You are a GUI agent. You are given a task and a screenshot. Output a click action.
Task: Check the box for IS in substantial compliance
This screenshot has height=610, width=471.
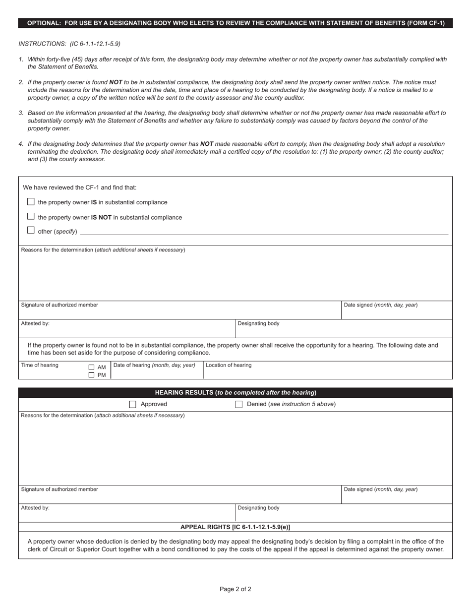click(31, 202)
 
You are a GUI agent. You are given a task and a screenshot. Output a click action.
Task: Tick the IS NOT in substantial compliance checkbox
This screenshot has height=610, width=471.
click(31, 217)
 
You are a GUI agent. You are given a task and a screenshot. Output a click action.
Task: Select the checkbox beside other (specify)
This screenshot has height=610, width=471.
click(31, 231)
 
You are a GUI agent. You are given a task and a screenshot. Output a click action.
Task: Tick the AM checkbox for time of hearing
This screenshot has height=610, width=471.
click(91, 367)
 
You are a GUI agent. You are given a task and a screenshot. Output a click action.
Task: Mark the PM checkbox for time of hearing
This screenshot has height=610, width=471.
click(91, 375)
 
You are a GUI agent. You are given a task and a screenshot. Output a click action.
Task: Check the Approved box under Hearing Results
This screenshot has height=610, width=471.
click(132, 404)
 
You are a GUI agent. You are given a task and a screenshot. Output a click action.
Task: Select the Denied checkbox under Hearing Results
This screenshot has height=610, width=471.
click(238, 404)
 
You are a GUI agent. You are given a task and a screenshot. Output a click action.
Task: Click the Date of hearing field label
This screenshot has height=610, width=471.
click(154, 366)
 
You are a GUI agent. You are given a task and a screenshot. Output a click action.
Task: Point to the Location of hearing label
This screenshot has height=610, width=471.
click(229, 366)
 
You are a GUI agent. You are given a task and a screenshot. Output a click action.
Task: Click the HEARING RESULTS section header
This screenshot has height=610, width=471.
click(235, 393)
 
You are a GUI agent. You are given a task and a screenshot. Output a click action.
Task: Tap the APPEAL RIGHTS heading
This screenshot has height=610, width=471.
click(235, 527)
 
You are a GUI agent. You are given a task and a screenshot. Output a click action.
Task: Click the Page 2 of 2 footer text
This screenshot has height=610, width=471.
click(235, 589)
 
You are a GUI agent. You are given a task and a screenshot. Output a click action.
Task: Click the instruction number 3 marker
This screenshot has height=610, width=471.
click(21, 113)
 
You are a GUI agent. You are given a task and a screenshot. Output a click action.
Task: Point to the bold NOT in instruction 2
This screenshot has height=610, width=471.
click(116, 82)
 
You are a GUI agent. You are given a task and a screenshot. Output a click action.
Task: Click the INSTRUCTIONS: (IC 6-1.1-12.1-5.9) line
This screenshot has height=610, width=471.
click(69, 44)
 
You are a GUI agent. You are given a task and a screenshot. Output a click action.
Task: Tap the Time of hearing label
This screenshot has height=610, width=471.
click(40, 366)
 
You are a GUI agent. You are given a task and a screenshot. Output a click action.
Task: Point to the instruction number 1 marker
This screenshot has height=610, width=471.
click(21, 60)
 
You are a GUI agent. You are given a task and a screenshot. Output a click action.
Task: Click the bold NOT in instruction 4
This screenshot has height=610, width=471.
click(207, 144)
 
